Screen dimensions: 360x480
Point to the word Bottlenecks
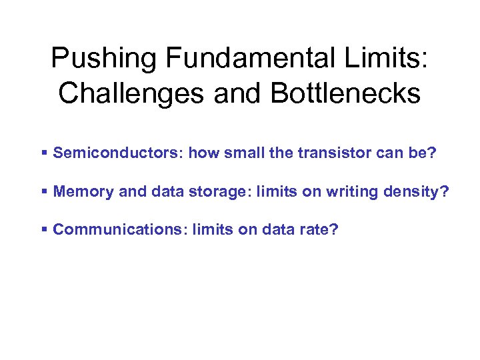click(x=346, y=94)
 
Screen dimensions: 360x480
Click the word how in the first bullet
click(x=203, y=153)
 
